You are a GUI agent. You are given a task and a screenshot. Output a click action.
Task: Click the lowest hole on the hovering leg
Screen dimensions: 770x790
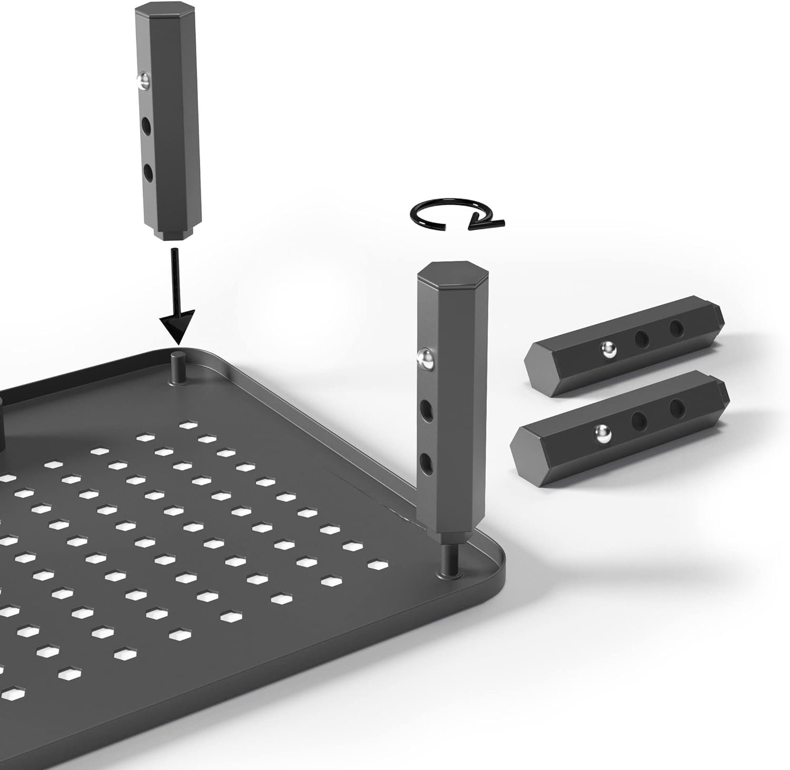[x=148, y=172]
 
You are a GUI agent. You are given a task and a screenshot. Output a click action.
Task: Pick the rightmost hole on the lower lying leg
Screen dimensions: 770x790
[x=676, y=406]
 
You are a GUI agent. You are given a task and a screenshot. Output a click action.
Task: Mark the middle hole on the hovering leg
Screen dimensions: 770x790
[x=147, y=126]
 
